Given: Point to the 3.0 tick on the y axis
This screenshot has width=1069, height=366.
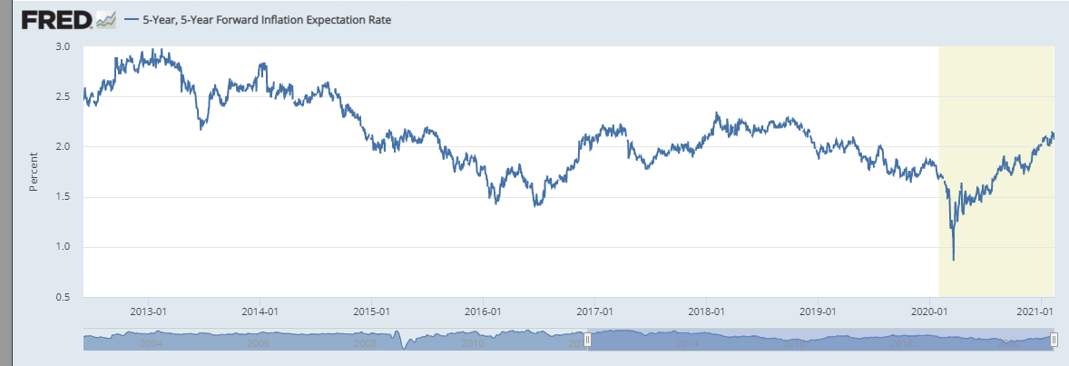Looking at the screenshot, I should (64, 46).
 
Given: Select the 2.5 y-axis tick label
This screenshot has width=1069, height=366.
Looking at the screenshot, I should (64, 96).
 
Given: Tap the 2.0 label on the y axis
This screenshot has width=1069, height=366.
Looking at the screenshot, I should (64, 146).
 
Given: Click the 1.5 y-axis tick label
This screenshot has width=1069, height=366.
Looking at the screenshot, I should (64, 196).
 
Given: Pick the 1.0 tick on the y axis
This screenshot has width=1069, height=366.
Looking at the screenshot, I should (64, 247).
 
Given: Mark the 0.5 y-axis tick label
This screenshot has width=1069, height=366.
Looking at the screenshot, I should (64, 297).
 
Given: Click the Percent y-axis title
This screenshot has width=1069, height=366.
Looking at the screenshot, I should (34, 172).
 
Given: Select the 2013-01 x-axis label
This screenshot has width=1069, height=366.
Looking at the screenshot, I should (148, 311).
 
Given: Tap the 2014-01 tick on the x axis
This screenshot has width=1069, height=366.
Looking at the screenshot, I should (260, 311).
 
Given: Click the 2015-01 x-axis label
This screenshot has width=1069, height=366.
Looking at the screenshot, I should (371, 311).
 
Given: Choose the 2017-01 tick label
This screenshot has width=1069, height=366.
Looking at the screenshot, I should (594, 311).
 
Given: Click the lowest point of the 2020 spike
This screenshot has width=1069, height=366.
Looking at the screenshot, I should (953, 260).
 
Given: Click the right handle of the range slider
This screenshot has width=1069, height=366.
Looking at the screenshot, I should (1054, 340).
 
